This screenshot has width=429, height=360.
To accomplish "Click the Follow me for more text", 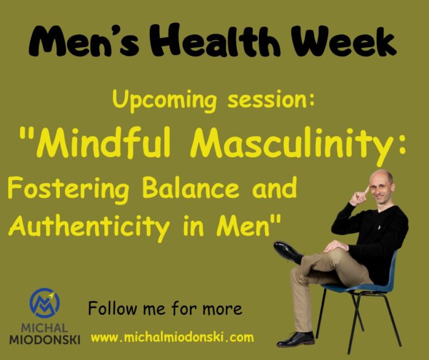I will (165, 308).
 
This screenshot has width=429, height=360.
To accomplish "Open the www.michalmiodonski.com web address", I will (172, 338).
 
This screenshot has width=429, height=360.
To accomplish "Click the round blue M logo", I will (45, 304).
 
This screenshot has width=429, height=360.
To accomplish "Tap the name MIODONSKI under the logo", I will (45, 339).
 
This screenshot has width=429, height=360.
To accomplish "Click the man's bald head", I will (382, 180).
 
